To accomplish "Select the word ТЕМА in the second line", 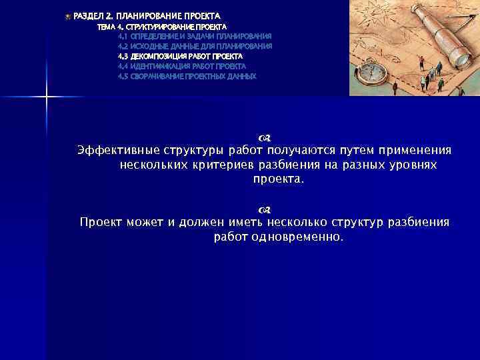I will coord(106,27).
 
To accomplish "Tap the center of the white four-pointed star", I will coord(47,97).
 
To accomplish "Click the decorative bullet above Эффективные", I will coord(263,137).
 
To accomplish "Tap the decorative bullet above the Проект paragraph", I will coord(263,209).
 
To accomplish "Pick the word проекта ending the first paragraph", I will coord(276,179).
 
